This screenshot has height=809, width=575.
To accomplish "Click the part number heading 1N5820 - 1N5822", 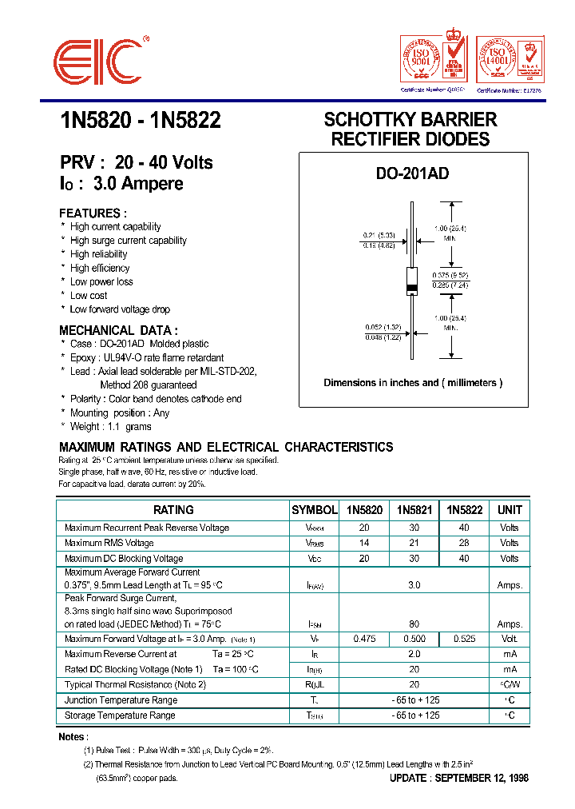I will click(x=140, y=121).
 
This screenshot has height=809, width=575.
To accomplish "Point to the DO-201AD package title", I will click(x=412, y=173).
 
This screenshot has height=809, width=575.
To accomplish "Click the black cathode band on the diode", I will click(x=412, y=288).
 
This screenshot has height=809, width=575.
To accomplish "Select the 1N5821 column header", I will click(x=414, y=510).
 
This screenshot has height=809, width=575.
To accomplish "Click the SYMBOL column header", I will click(x=314, y=510).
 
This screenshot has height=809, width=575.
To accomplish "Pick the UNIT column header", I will click(x=510, y=510).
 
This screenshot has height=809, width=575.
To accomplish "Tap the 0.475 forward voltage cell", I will click(x=364, y=639).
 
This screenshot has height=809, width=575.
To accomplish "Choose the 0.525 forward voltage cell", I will click(x=464, y=639).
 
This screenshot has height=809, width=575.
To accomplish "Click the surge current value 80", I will click(x=414, y=624).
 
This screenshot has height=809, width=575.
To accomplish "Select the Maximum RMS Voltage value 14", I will click(x=364, y=543).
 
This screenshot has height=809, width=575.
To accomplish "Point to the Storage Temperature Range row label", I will click(x=120, y=715).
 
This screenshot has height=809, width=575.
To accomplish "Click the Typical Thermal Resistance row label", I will click(x=135, y=684).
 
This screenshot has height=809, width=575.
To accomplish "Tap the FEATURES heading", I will click(x=93, y=213).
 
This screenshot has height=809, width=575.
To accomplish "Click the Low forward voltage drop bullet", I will click(x=120, y=309).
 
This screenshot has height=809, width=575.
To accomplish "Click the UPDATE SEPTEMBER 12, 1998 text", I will click(x=458, y=778).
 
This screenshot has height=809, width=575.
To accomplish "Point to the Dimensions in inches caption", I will click(x=413, y=383).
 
